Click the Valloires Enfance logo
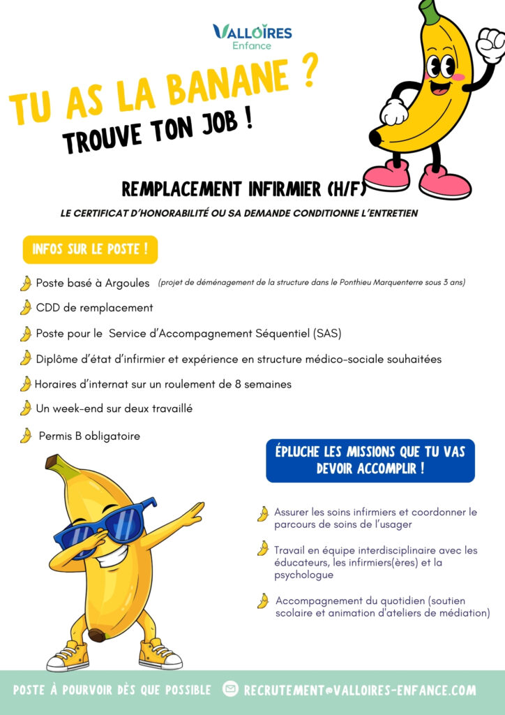click(x=252, y=36)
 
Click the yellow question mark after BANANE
click(x=308, y=72)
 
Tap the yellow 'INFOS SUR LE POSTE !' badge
click(x=90, y=250)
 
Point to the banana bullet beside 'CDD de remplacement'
click(x=26, y=307)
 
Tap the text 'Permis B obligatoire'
click(x=89, y=436)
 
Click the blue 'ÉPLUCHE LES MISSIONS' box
click(x=370, y=460)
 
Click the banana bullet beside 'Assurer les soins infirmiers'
click(x=263, y=515)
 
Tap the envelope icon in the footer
click(x=230, y=689)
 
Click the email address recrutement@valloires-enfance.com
click(x=360, y=690)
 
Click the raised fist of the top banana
click(x=490, y=43)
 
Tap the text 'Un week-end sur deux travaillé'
click(x=114, y=408)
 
